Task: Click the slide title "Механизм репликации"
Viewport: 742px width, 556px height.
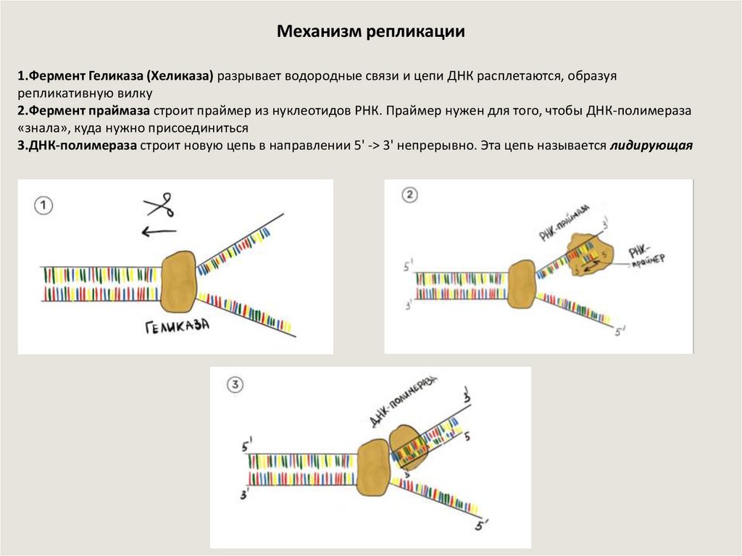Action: point(370,33)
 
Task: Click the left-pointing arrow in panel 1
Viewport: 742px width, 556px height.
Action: point(159,232)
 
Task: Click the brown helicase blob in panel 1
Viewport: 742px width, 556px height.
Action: point(178,282)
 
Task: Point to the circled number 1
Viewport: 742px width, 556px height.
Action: point(44,206)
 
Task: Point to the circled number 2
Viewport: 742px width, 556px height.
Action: point(410,194)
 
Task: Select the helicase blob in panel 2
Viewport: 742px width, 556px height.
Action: point(521,285)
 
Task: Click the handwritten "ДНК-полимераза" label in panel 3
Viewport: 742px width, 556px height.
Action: point(402,402)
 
